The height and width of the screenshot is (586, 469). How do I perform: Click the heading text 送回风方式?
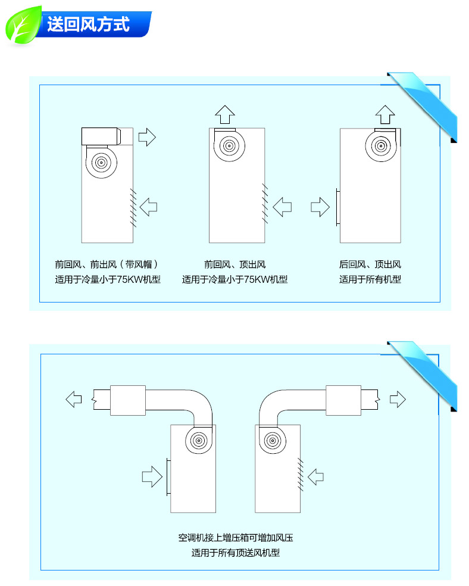(x=88, y=24)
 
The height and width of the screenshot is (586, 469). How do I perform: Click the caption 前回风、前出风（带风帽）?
(x=107, y=264)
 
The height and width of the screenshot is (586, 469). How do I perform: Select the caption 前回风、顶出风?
(x=235, y=264)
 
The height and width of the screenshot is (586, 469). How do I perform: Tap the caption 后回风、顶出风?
(x=370, y=264)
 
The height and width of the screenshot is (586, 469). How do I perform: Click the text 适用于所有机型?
(x=370, y=279)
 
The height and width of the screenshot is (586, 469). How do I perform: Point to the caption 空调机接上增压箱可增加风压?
(x=235, y=538)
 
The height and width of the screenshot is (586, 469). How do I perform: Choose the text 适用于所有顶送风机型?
(x=235, y=553)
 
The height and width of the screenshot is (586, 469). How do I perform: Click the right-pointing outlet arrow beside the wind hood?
(x=147, y=137)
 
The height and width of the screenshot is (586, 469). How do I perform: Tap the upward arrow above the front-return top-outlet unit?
(x=225, y=114)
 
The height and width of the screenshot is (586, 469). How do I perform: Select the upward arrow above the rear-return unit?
(x=385, y=114)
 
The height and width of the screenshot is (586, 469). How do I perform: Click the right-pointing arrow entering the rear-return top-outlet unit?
(x=320, y=207)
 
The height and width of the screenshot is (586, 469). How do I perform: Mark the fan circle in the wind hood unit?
(x=101, y=163)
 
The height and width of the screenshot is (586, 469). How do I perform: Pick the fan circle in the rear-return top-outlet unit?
(x=381, y=146)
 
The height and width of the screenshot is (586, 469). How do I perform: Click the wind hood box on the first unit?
(x=101, y=136)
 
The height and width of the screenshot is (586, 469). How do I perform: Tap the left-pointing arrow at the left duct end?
(x=74, y=399)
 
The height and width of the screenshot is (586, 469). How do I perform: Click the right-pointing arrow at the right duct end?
(x=398, y=399)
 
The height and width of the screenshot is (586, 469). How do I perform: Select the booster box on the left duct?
(x=128, y=400)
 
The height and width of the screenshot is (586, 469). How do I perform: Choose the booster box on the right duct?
(x=343, y=400)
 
